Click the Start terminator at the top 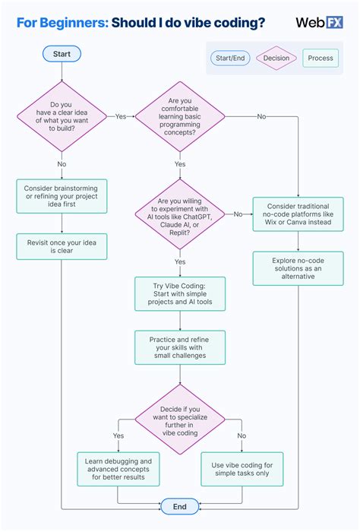62,54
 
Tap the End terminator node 180,507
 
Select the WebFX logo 319,22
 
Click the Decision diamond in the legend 276,58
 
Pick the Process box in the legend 321,58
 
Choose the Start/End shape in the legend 230,58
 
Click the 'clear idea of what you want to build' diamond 62,116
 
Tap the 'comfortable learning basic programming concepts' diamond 180,116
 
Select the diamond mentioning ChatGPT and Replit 180,214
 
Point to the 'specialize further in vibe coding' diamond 180,420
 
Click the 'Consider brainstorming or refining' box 62,196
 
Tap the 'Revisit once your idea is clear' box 62,247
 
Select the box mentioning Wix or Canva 298,214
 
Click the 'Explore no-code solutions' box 298,268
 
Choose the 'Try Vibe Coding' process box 180,294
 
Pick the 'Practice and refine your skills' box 180,347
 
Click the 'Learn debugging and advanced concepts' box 118,469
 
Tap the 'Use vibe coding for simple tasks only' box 242,469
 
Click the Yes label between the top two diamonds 121,116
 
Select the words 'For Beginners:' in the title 63,23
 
